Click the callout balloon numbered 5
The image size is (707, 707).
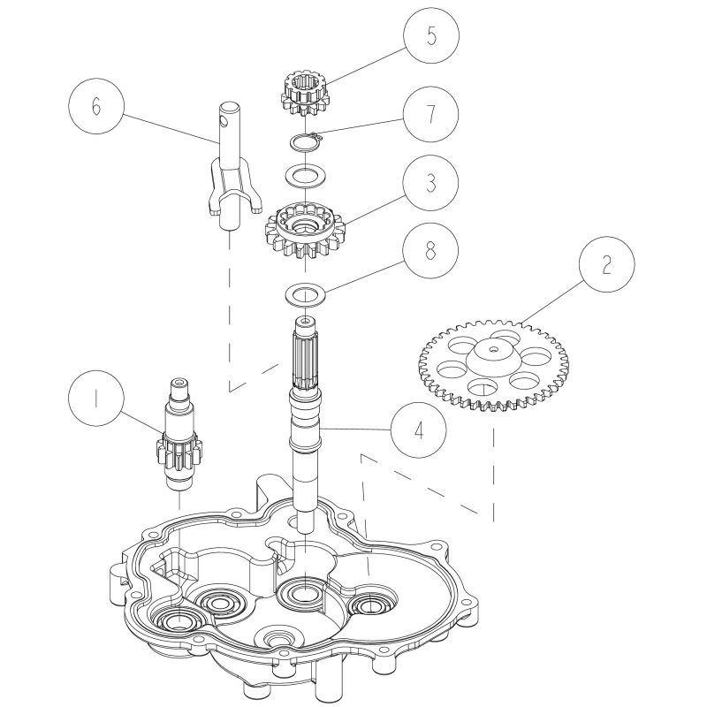(431, 35)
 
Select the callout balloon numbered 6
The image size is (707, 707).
(96, 106)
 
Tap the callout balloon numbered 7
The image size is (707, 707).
(430, 114)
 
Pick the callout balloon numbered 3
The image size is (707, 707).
(430, 183)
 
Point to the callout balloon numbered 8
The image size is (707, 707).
(430, 250)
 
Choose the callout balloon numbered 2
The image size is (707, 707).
(607, 264)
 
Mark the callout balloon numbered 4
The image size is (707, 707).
(419, 430)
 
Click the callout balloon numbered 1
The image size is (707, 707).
(96, 399)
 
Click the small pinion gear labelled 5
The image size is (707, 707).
(306, 95)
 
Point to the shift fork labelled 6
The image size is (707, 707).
(230, 167)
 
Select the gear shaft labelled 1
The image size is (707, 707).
(179, 435)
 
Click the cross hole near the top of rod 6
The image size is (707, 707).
(224, 121)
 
